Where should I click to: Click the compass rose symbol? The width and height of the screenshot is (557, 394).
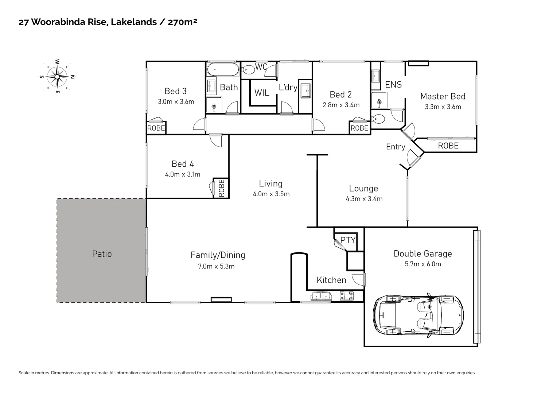pos(57,77)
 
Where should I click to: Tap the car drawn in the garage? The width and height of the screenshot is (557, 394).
pos(418,314)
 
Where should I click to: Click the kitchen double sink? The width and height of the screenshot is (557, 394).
pos(321,295)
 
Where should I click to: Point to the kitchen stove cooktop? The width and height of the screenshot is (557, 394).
pos(347,295)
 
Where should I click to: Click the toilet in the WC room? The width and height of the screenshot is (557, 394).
pos(249,69)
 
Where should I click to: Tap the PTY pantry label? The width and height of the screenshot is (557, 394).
pos(348,240)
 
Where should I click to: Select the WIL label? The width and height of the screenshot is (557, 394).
pos(262,93)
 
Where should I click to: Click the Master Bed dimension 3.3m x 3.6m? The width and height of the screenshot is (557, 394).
pos(443,107)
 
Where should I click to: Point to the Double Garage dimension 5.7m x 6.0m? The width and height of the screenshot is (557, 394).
pos(423,264)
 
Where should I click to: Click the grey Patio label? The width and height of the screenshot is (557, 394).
pos(102,254)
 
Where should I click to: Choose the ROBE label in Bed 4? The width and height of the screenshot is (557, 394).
pos(221,188)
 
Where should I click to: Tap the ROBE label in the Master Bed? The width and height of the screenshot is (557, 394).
pos(448,146)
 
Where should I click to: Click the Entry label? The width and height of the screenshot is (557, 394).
pos(396,147)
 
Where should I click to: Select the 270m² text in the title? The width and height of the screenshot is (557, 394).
pos(182,22)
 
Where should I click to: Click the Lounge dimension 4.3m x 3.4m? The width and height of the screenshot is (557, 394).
pos(364,199)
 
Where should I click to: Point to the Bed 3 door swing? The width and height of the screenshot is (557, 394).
pos(199,125)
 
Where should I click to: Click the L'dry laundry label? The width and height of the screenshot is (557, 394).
pos(288,88)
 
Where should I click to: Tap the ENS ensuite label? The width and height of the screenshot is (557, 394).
pos(393,85)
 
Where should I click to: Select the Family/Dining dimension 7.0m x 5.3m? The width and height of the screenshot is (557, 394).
pos(216,266)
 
